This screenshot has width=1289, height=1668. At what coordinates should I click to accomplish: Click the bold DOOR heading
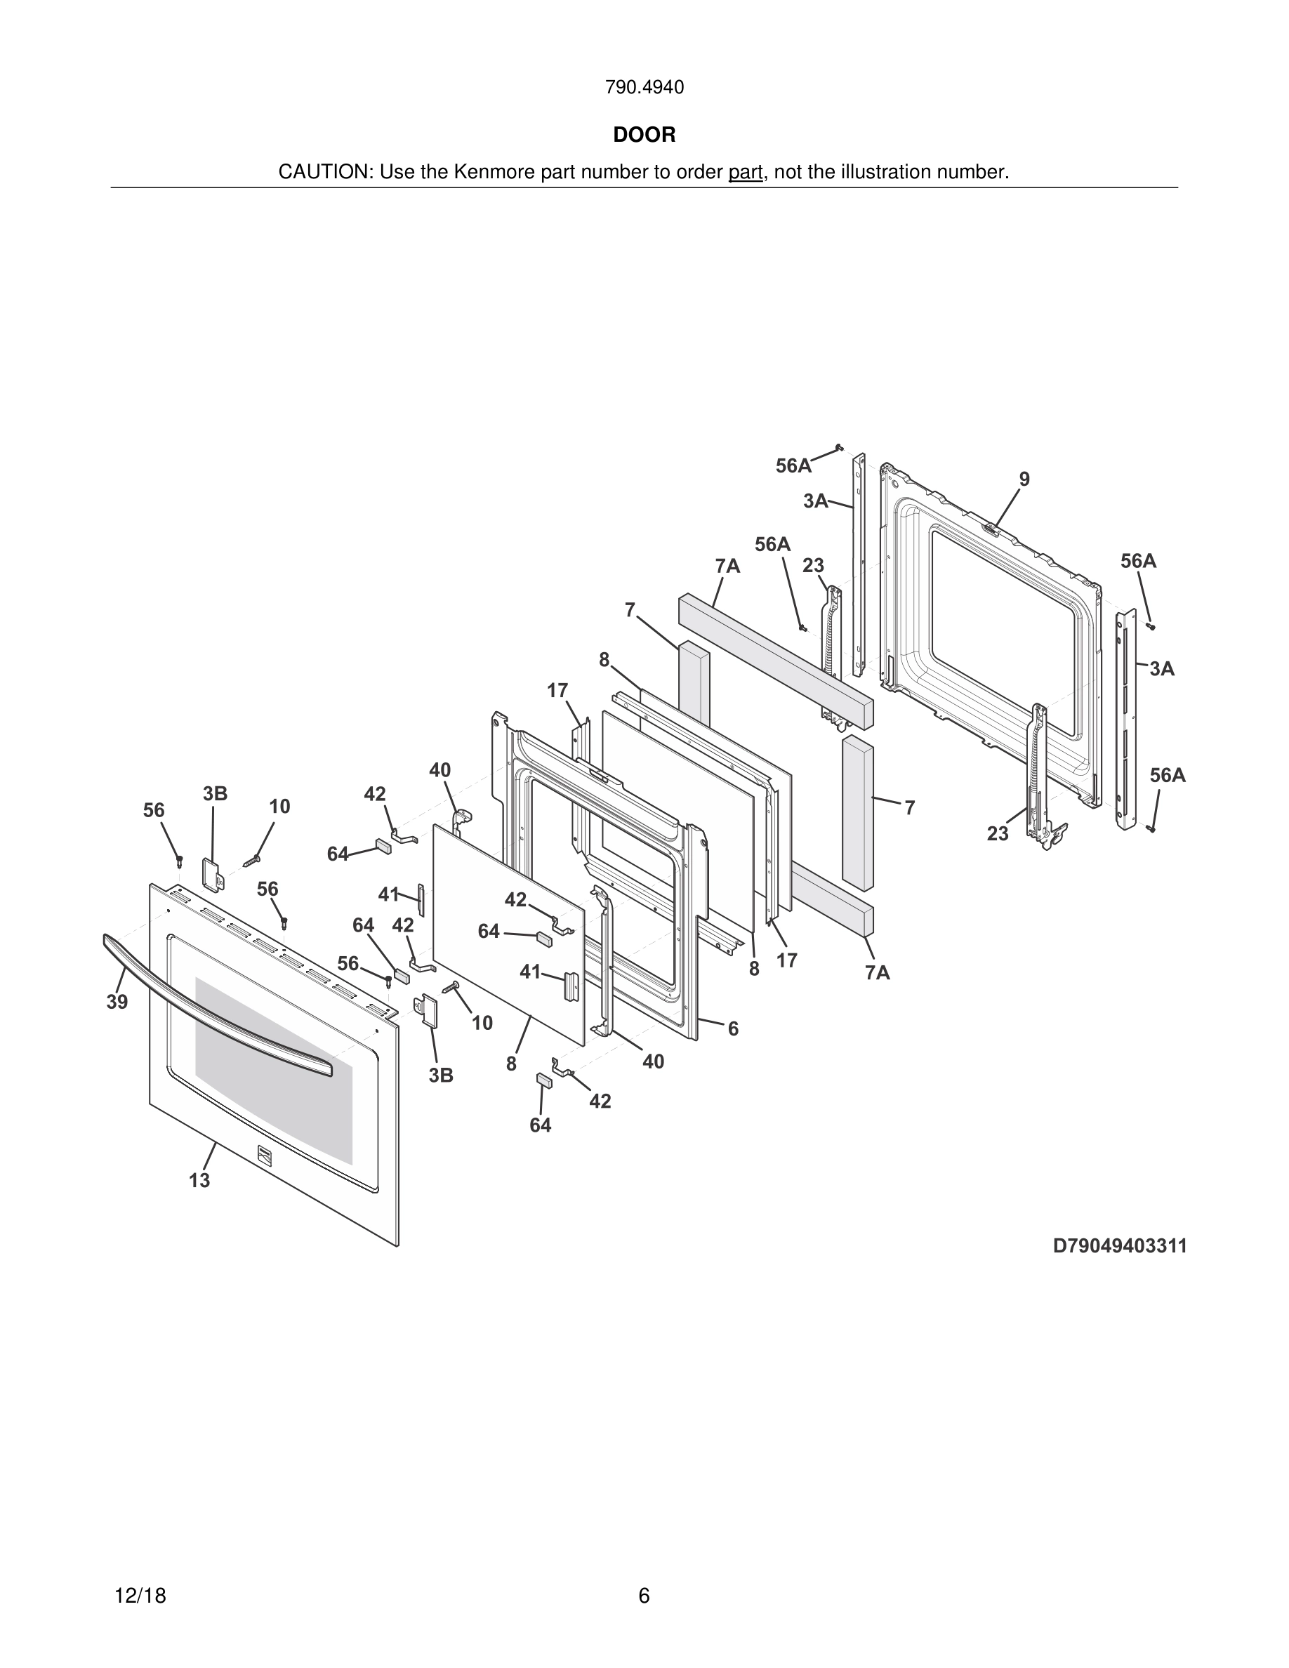[644, 135]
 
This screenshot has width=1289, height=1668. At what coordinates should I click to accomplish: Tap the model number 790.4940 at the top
[644, 88]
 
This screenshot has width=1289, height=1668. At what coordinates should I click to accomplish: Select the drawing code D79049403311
[1120, 1245]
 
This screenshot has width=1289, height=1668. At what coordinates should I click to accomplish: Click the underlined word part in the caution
[746, 173]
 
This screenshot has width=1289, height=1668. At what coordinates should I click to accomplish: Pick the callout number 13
[199, 1180]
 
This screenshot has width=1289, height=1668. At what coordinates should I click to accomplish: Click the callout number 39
[117, 1002]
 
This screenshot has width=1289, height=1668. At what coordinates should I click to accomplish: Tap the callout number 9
[1024, 479]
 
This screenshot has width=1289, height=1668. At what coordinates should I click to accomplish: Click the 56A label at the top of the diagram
[793, 466]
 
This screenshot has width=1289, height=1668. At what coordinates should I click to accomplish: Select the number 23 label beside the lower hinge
[998, 834]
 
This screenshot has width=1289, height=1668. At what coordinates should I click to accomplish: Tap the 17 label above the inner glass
[557, 690]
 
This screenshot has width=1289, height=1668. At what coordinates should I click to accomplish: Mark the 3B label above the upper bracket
[215, 793]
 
